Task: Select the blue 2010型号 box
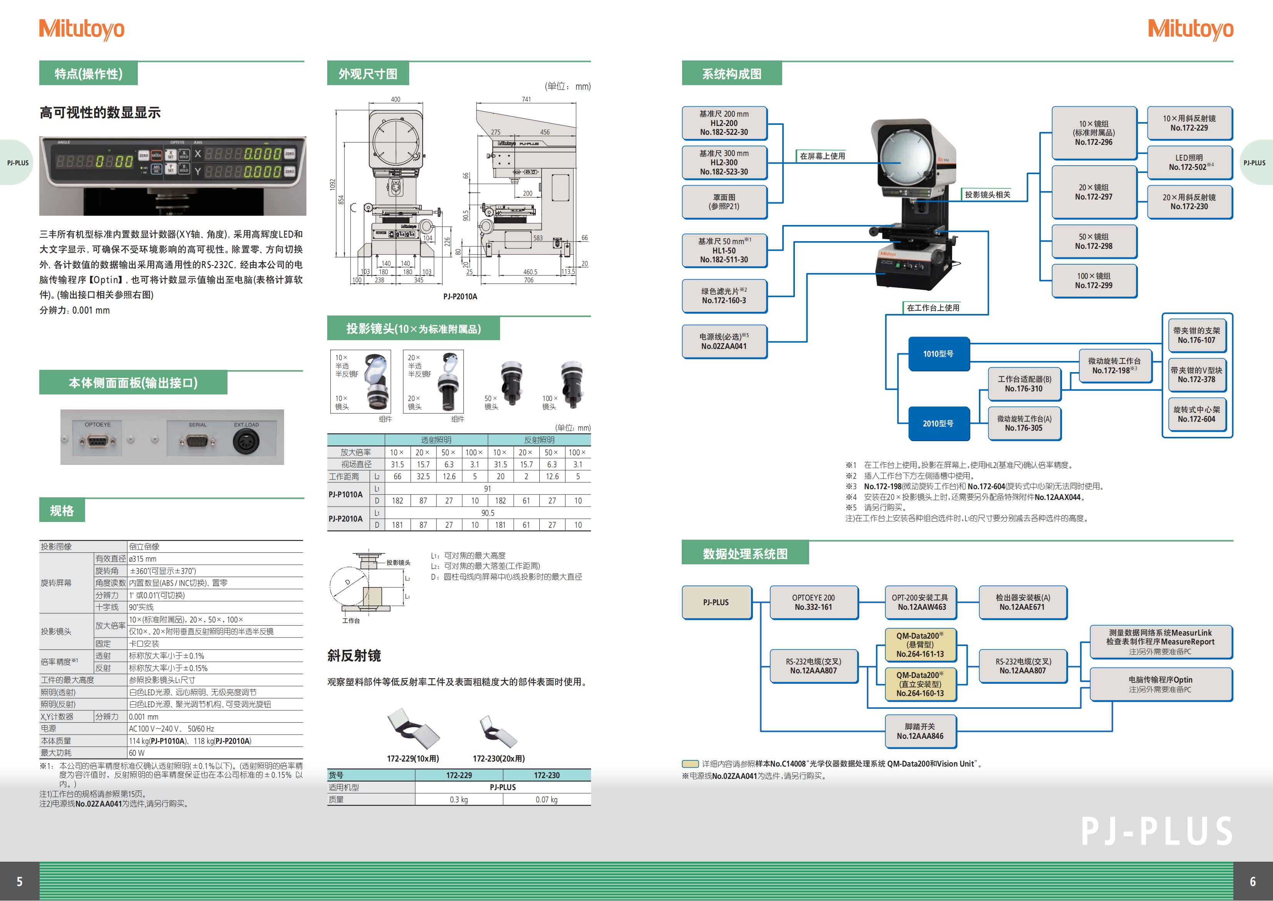click(938, 423)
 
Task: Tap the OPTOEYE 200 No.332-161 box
click(813, 602)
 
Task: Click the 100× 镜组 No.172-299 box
click(1093, 281)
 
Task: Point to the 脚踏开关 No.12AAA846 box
click(920, 731)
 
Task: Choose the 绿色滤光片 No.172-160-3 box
click(724, 296)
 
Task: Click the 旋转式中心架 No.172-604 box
click(1196, 414)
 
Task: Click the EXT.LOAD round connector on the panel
click(246, 442)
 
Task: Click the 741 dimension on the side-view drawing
click(526, 99)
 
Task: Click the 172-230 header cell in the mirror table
click(547, 775)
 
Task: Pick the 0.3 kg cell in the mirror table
click(458, 799)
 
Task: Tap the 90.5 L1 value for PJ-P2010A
click(487, 513)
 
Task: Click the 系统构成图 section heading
click(731, 74)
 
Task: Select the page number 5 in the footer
click(19, 882)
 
